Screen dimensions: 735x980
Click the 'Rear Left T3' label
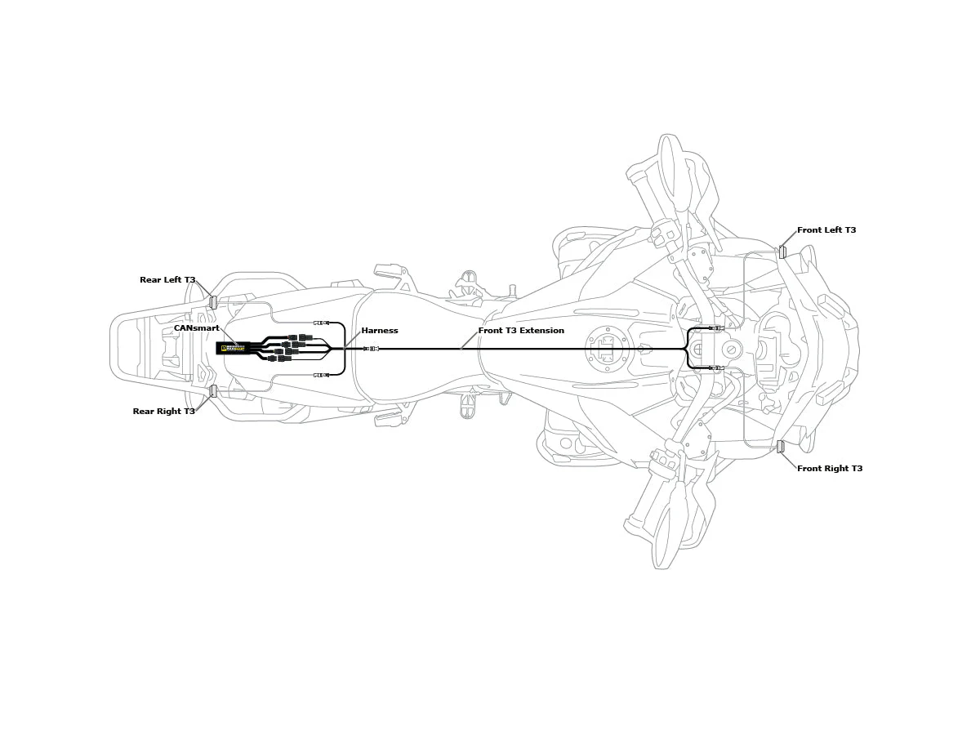click(167, 280)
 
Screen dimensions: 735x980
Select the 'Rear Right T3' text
click(164, 412)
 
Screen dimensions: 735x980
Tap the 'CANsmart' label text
click(196, 328)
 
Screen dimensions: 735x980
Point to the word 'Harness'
click(380, 331)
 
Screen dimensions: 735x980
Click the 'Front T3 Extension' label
click(521, 331)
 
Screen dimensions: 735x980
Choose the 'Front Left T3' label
click(826, 230)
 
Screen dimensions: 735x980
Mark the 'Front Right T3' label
click(830, 469)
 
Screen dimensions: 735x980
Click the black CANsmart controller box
click(232, 348)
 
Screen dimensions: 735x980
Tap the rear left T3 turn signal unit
click(213, 302)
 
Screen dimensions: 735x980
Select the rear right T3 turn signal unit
click(213, 391)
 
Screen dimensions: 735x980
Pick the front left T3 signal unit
click(782, 252)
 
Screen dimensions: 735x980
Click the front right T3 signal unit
click(781, 447)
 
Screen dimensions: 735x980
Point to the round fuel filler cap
click(604, 349)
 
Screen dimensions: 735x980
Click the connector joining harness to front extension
click(372, 349)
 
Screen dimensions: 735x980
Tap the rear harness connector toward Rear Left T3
click(321, 323)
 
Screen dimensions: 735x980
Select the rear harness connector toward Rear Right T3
click(321, 375)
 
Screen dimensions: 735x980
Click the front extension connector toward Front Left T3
click(716, 328)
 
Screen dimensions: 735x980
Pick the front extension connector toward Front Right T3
click(716, 368)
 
